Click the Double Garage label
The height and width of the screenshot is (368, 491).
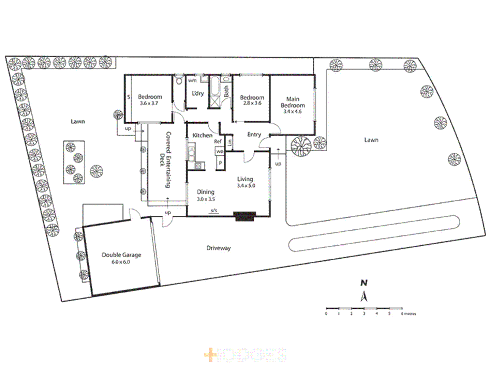[x=121, y=255]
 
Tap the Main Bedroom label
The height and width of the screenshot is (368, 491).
[x=293, y=102]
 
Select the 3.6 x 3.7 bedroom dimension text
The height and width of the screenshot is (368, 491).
[x=149, y=103]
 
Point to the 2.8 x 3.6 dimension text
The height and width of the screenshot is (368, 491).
[x=252, y=103]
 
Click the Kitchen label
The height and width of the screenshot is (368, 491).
[x=202, y=135]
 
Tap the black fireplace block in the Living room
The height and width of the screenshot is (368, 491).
[x=244, y=216]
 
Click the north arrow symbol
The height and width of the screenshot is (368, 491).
[x=364, y=296]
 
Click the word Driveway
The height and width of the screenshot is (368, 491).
[x=219, y=248]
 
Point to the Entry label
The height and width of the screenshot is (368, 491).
[x=254, y=135]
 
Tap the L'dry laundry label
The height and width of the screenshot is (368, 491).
[x=198, y=93]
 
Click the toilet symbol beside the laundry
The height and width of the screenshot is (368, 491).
[x=179, y=81]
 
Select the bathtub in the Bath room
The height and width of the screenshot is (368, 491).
[x=214, y=87]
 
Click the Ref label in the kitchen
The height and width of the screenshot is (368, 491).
[x=218, y=141]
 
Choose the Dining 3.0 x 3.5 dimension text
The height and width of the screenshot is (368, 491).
[x=206, y=199]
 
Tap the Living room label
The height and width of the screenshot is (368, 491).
[x=245, y=179]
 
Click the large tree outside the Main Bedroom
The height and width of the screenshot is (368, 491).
[x=301, y=147]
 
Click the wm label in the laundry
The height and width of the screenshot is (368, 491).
[x=192, y=81]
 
